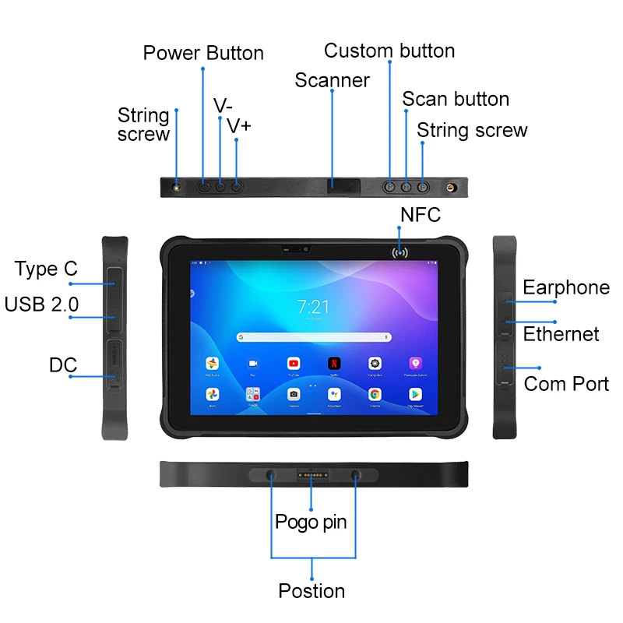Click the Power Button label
pyautogui.click(x=203, y=53)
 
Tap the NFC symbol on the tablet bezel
pyautogui.click(x=401, y=252)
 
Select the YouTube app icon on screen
pyautogui.click(x=294, y=364)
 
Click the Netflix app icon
pyautogui.click(x=334, y=364)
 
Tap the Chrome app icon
pyautogui.click(x=375, y=395)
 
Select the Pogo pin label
pyautogui.click(x=311, y=522)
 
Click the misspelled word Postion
pyautogui.click(x=311, y=591)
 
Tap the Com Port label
pyautogui.click(x=566, y=384)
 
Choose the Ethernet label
pyautogui.click(x=561, y=335)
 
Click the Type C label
pyautogui.click(x=46, y=269)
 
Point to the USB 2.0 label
pyautogui.click(x=41, y=304)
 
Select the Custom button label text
pyautogui.click(x=389, y=51)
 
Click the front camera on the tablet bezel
pyautogui.click(x=305, y=250)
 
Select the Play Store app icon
pyautogui.click(x=415, y=395)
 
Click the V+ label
pyautogui.click(x=239, y=125)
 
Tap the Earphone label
pyautogui.click(x=566, y=287)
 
